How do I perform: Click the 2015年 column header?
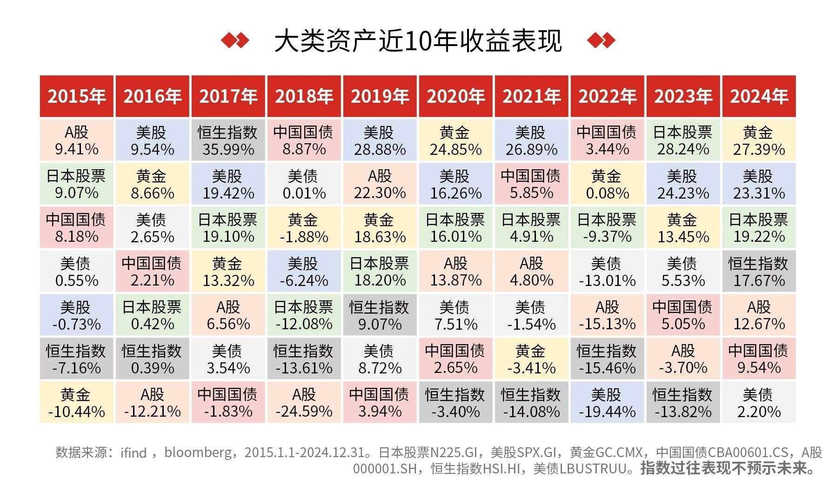[77, 96]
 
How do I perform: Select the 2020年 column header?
[455, 96]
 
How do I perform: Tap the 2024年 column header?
[759, 96]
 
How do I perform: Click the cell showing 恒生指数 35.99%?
[228, 140]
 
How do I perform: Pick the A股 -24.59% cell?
[304, 403]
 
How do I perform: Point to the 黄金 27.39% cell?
[759, 140]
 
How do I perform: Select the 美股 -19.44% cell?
[607, 403]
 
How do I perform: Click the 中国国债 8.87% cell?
[304, 140]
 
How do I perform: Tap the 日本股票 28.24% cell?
[683, 140]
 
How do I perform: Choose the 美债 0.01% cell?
[304, 184]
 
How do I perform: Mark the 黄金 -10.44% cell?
[77, 403]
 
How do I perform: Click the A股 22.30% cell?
[380, 184]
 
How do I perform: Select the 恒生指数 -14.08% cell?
[531, 403]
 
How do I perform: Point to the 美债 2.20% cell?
[759, 403]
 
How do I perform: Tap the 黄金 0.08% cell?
[607, 184]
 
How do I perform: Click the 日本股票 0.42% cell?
[152, 315]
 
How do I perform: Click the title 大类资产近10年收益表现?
[418, 41]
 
